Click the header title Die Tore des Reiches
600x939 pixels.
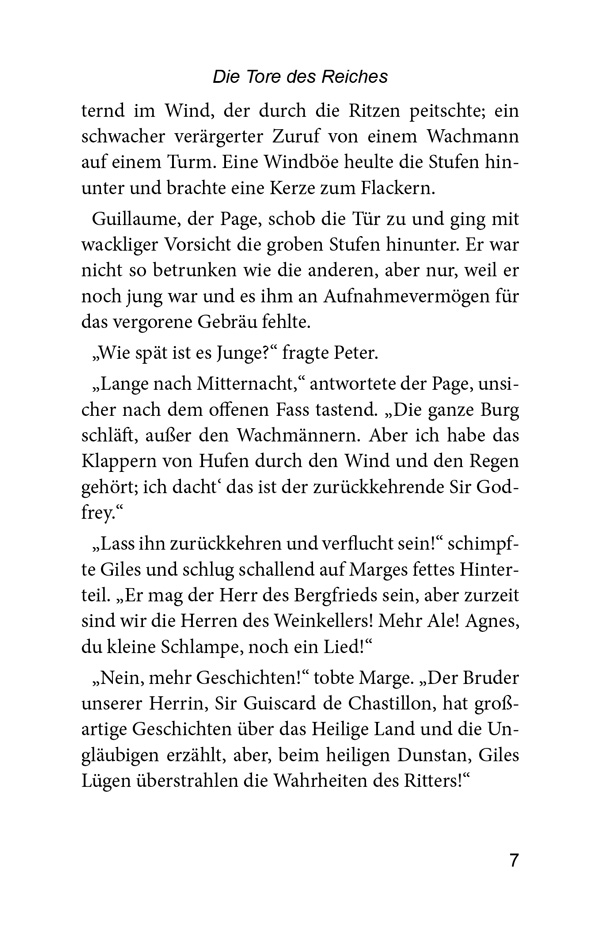click(300, 76)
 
